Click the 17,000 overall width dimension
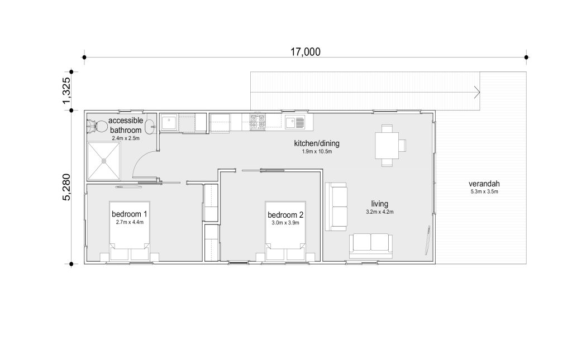(x=306, y=52)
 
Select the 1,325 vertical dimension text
(x=67, y=90)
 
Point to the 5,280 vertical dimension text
(x=67, y=187)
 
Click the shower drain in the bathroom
(x=104, y=161)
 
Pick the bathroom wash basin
(x=150, y=127)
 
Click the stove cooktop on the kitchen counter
(x=257, y=122)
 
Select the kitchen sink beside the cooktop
(x=295, y=122)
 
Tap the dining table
(x=387, y=145)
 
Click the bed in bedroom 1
(x=130, y=231)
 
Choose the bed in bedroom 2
(x=285, y=231)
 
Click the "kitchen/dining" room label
(x=317, y=143)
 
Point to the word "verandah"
(x=484, y=184)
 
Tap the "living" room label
(x=380, y=204)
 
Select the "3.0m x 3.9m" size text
(x=285, y=223)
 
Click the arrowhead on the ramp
(x=477, y=92)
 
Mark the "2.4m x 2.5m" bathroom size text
(x=126, y=138)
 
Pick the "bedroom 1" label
(x=130, y=214)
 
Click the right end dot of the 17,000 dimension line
(x=526, y=57)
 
